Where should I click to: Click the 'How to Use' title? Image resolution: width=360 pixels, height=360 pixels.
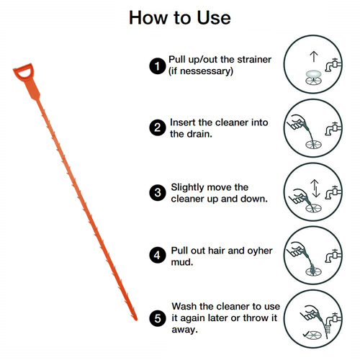[x=180, y=18]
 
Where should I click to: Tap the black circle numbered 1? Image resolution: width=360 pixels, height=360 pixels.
[x=158, y=66]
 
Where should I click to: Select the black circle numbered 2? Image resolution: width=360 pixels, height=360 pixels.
[x=158, y=127]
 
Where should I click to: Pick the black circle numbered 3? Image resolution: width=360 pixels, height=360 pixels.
[x=158, y=192]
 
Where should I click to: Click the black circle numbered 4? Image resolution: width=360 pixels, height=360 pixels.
[x=158, y=255]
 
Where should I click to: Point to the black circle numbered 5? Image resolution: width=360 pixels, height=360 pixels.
[x=158, y=318]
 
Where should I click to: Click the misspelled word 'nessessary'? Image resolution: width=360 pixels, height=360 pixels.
[x=205, y=71]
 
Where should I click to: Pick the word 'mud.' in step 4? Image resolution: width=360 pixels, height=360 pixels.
[x=182, y=262]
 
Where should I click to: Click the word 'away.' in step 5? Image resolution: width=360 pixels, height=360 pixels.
[x=185, y=330]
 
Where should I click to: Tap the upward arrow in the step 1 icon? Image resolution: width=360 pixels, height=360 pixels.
[x=314, y=57]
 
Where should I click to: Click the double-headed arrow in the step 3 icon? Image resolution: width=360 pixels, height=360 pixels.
[x=315, y=189]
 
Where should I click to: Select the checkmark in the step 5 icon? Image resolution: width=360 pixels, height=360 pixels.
[x=306, y=334]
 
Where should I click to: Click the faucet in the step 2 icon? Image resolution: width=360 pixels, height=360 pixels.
[x=333, y=129]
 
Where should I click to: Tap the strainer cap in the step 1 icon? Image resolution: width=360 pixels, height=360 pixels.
[x=313, y=73]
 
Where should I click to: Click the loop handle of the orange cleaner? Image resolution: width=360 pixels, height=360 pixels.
[x=24, y=72]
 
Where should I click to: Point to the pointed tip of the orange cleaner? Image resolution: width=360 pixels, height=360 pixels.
[x=136, y=320]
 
